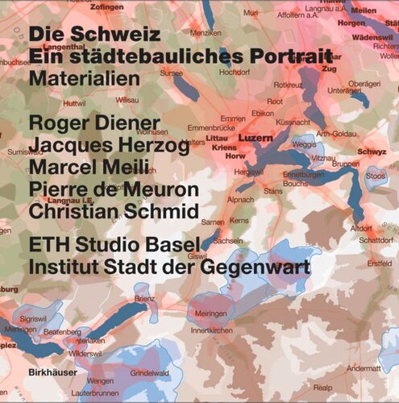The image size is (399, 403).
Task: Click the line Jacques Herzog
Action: tap(109, 146)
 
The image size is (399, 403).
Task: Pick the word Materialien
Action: tap(84, 79)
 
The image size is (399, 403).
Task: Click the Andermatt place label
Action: tap(364, 368)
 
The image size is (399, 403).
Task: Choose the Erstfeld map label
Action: tap(378, 263)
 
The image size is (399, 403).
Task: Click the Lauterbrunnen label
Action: tap(97, 393)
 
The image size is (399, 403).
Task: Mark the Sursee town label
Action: tap(172, 72)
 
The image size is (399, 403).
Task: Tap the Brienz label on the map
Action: tap(146, 298)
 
